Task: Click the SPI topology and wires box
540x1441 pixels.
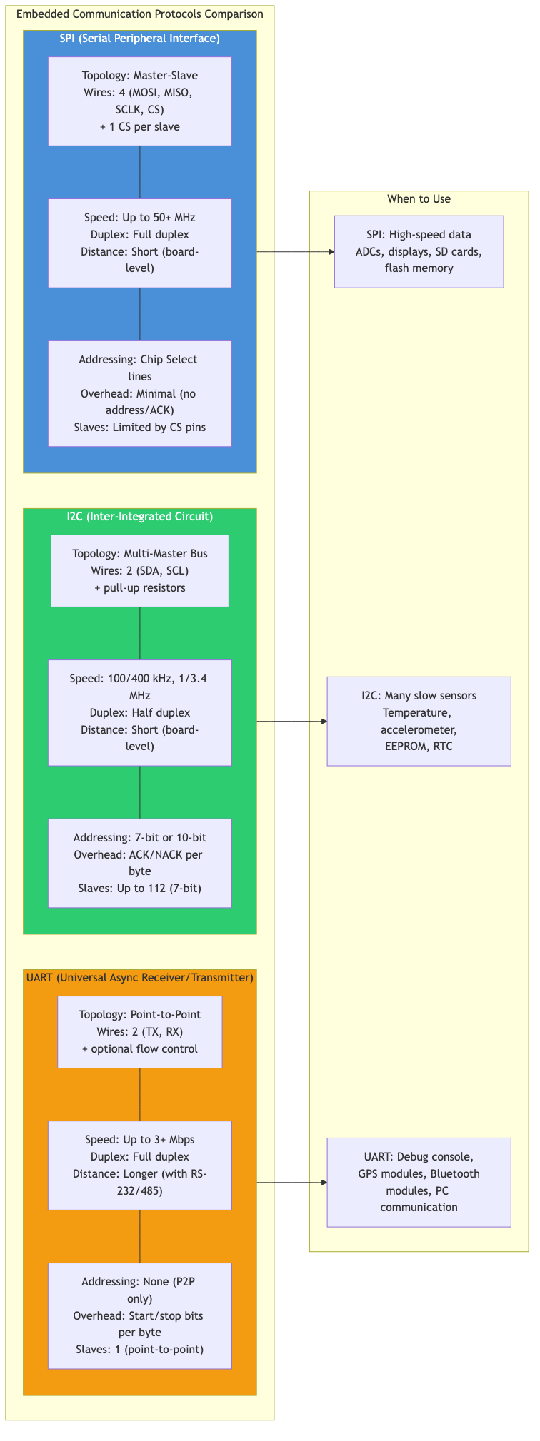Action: tap(140, 101)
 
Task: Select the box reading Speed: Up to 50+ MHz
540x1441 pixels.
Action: tap(140, 243)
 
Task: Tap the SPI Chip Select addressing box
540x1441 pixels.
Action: tap(140, 393)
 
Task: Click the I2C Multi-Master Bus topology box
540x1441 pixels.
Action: tap(140, 571)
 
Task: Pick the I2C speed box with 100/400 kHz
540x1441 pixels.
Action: tap(140, 712)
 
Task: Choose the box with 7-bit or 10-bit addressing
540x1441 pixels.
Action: tap(140, 863)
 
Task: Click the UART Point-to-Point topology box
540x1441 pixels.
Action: tap(140, 1032)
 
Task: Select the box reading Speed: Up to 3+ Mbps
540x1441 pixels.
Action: tap(140, 1165)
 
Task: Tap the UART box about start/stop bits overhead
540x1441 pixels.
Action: tap(140, 1315)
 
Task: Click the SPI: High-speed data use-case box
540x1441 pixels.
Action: tap(419, 251)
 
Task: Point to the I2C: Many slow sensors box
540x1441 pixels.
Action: tap(419, 721)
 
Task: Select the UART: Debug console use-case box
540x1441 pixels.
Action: tap(419, 1182)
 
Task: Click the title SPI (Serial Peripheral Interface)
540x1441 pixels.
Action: tap(140, 39)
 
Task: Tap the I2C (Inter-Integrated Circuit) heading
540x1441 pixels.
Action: tap(140, 516)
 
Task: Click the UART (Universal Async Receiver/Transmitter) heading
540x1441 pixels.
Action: tap(140, 977)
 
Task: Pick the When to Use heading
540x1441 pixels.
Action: tap(419, 199)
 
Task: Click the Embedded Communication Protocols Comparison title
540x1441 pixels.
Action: tap(140, 14)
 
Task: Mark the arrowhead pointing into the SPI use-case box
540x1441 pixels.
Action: tap(331, 251)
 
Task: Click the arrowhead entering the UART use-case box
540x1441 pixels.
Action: tap(324, 1183)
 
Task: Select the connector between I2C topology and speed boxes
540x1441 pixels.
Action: tap(140, 633)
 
